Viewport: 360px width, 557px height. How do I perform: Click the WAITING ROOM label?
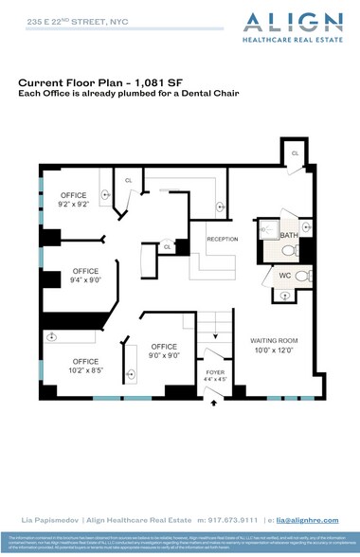[274, 339]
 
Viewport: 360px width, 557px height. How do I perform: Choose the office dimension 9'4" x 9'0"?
[85, 279]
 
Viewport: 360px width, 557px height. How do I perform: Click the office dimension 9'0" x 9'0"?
[165, 355]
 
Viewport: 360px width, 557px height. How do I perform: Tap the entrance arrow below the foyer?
[213, 402]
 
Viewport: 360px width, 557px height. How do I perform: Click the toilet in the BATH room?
[289, 251]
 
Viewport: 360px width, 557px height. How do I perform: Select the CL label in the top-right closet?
[295, 153]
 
